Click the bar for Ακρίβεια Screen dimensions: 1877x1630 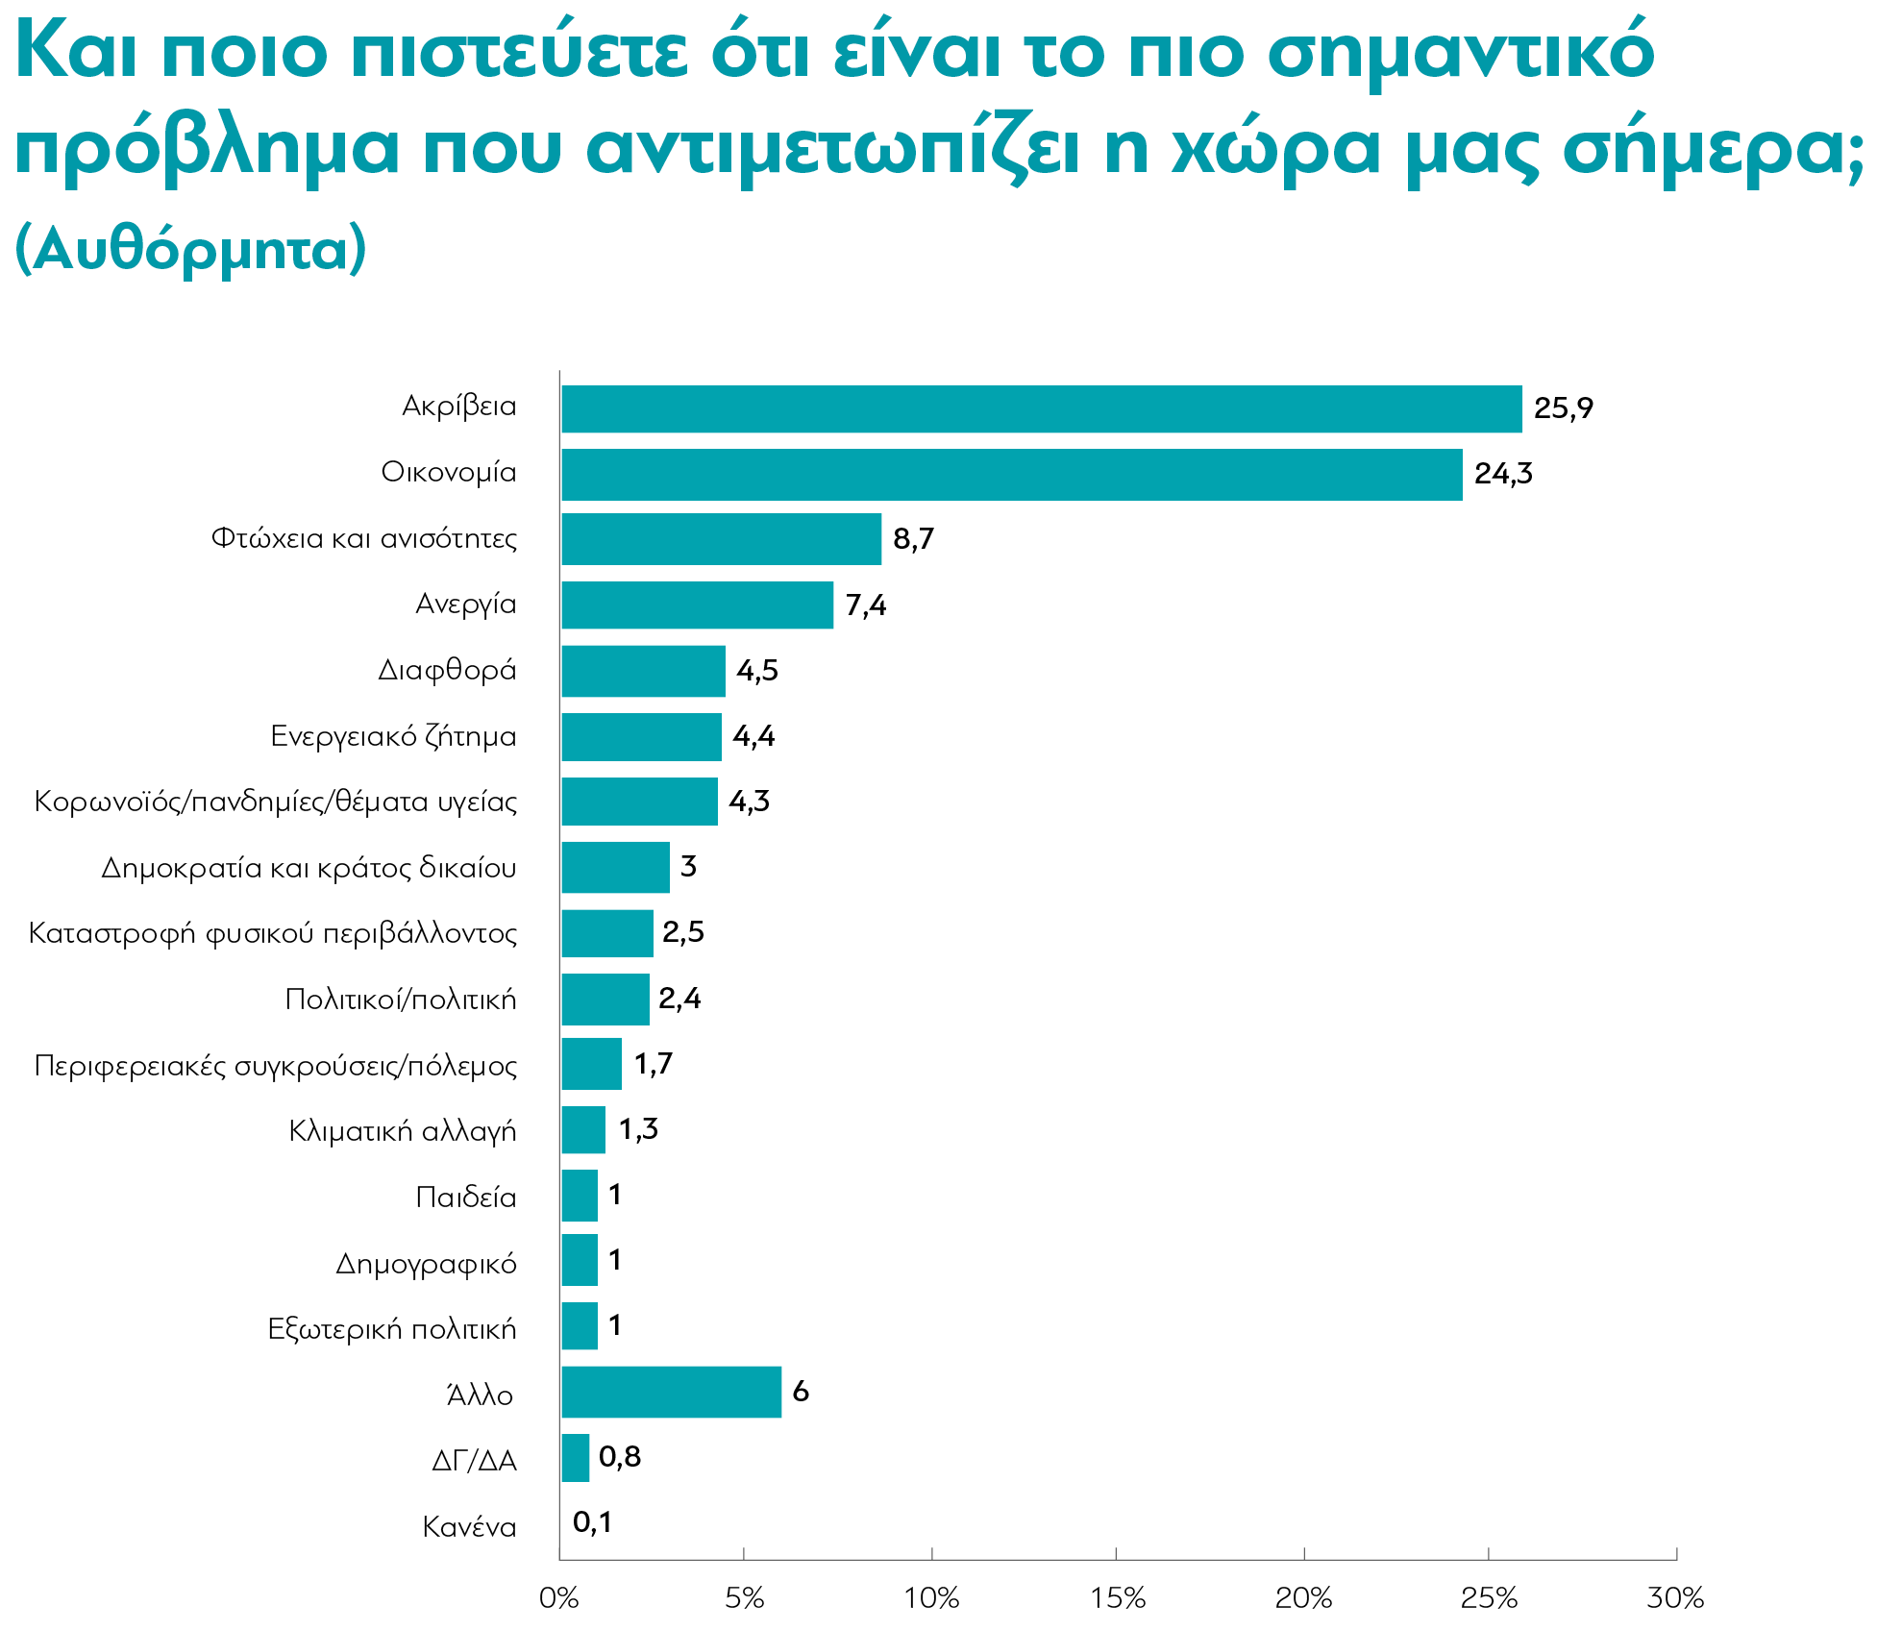(1042, 409)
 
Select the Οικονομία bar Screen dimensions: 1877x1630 (1012, 475)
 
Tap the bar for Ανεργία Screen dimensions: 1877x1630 (698, 605)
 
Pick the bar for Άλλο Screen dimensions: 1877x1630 (672, 1392)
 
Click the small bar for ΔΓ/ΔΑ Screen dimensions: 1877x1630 (576, 1458)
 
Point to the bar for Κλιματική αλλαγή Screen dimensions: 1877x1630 (583, 1129)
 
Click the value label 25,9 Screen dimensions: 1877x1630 (1564, 409)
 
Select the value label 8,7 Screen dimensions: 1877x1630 (913, 539)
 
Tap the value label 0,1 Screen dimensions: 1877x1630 (592, 1522)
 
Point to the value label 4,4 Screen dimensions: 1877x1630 (753, 737)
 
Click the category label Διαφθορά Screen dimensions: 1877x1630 (447, 670)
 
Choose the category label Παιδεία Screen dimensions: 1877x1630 (466, 1198)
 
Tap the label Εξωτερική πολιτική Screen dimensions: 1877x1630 (392, 1329)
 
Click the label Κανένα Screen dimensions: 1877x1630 (469, 1527)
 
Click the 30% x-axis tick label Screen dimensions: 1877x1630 (1675, 1598)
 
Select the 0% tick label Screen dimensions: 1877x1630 (559, 1598)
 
